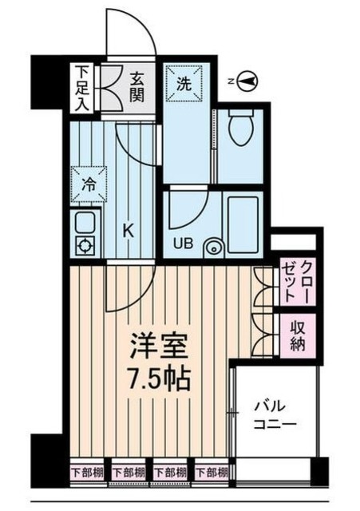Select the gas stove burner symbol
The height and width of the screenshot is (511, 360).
coord(85,244)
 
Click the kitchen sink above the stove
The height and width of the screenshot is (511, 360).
coord(85,221)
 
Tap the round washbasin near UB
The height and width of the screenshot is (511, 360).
coord(213,247)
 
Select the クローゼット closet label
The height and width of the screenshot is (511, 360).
coord(297,283)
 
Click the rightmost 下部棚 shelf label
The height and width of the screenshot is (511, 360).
coord(212,471)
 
